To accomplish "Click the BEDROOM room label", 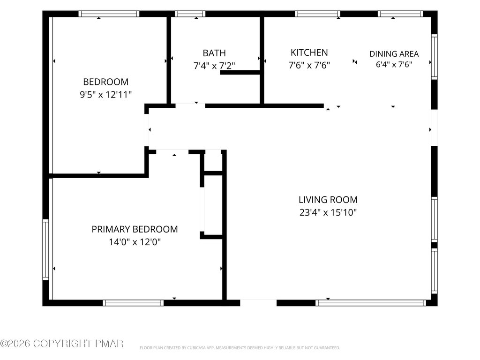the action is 105,82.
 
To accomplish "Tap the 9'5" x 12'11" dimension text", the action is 105,95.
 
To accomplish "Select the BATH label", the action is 214,53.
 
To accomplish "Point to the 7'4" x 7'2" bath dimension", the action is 214,66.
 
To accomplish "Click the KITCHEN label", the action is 309,52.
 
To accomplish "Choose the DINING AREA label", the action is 394,54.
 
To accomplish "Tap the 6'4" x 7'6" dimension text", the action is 394,64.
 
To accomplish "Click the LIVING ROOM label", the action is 328,200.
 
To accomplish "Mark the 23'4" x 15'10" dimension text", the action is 328,212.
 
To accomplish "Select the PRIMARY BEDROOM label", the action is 135,229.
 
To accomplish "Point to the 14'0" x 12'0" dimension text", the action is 135,242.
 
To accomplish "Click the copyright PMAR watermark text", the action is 62,344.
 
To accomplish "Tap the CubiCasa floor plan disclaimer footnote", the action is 240,348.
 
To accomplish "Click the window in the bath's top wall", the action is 190,14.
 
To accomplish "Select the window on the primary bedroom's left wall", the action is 45,249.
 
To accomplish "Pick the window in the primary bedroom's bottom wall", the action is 133,303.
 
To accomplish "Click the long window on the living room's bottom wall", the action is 371,303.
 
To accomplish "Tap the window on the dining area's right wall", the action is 435,57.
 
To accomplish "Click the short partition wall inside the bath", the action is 240,73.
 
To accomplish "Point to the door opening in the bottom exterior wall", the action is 258,303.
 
